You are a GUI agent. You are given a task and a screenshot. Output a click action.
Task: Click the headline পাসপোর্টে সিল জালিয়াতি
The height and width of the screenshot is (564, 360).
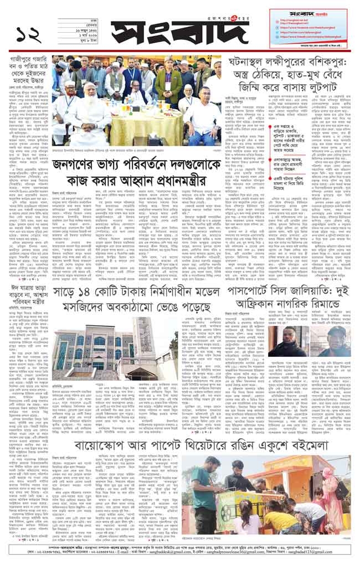tap(288, 299)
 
